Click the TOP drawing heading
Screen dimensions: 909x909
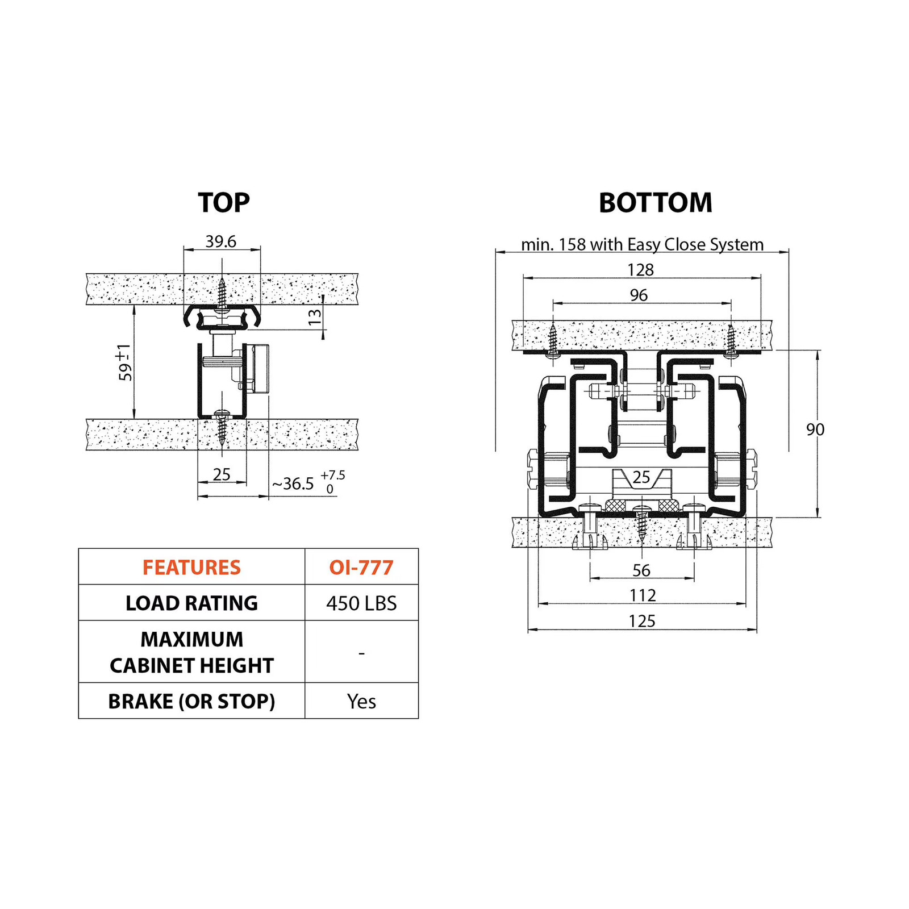[223, 203]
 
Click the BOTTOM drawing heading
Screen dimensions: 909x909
[656, 203]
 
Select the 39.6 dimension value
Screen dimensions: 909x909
[221, 241]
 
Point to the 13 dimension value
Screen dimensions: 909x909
[314, 317]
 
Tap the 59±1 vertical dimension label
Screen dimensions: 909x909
[124, 362]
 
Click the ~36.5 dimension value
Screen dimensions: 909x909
[293, 483]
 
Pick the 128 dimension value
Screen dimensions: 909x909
[640, 269]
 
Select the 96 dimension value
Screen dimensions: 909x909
[639, 295]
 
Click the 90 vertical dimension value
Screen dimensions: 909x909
[815, 430]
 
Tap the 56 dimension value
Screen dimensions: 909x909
[641, 570]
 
